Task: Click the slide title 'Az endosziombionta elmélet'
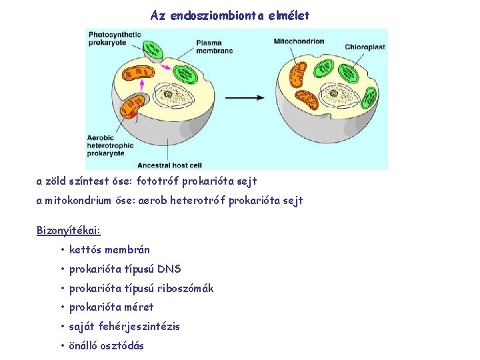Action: (230, 15)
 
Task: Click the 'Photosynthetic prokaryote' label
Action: (114, 38)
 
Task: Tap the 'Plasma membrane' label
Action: (214, 46)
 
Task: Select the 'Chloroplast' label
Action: (366, 47)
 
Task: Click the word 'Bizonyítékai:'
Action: (68, 231)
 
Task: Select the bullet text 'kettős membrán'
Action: (109, 250)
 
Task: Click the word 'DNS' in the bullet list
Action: (169, 269)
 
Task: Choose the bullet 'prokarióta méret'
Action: (111, 307)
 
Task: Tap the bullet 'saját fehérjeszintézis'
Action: (124, 327)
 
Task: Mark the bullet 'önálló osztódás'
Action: (106, 346)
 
